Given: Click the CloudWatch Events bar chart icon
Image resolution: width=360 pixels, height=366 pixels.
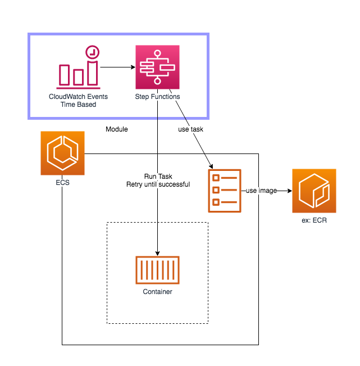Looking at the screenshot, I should pos(78,70).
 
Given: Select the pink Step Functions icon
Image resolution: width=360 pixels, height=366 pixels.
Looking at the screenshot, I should pos(157,67).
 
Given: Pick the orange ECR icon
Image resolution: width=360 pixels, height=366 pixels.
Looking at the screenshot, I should pos(314,191).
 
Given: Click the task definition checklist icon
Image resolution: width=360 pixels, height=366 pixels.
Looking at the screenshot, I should pos(225,191).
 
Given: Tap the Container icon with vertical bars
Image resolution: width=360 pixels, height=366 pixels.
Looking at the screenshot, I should pos(157,270).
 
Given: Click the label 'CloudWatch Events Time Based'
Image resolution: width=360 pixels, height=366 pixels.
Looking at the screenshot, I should pos(79,101).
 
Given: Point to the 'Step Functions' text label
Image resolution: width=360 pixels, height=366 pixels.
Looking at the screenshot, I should pos(157,97).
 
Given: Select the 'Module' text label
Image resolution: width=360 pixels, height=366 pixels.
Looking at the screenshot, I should pos(117,129).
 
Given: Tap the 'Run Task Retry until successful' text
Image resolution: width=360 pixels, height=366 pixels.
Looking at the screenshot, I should pos(158,180).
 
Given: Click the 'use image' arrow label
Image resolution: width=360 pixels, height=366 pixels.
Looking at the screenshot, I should pos(261,191).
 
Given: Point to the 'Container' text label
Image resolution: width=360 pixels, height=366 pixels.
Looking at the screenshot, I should pos(157,292).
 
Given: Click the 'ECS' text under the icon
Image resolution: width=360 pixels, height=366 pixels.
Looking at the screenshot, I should pos(62,182).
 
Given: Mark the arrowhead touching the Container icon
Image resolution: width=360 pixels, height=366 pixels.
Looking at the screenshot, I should pos(157,252).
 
